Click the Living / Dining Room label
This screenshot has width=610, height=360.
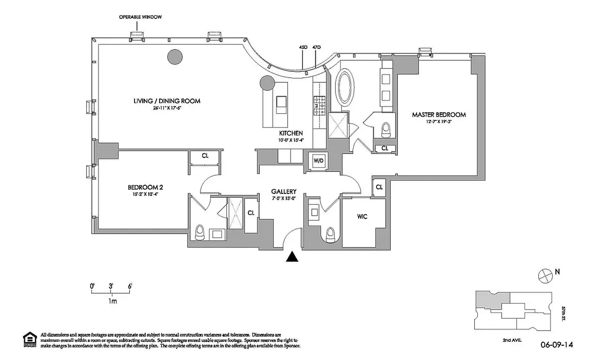[x=167, y=101]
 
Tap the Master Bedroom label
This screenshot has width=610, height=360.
[x=439, y=115]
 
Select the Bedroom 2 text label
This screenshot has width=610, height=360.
[x=145, y=187]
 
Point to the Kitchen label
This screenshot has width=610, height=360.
[x=291, y=133]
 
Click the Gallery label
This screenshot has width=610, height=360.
[x=284, y=192]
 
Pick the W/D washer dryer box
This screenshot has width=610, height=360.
[x=319, y=161]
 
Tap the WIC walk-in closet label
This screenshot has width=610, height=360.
[x=362, y=217]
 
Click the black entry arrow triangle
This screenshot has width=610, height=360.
[x=292, y=257]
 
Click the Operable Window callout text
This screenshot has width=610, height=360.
[x=141, y=17]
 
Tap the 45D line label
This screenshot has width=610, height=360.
[x=303, y=47]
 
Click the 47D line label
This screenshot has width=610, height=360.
[x=317, y=47]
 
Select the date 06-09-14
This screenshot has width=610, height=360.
[x=557, y=345]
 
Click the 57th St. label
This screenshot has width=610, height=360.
[x=564, y=314]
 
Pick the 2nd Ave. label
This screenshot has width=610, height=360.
[x=511, y=340]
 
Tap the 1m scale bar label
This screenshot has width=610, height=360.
[x=112, y=301]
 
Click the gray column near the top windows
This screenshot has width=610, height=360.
[x=175, y=57]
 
